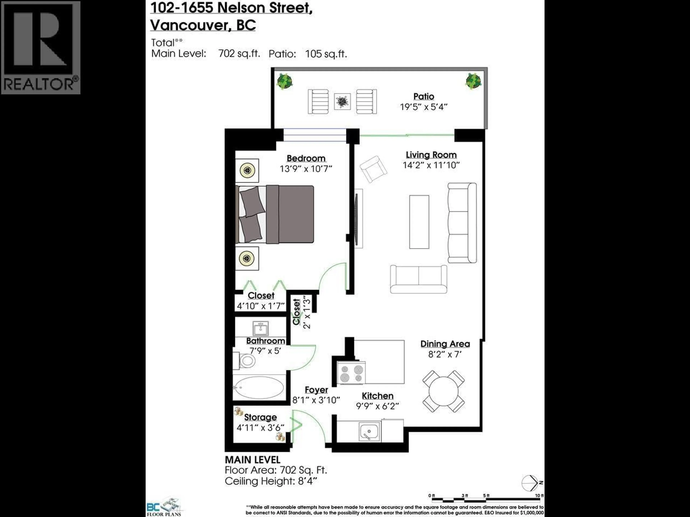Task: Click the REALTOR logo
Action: pos(41,47)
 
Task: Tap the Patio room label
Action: pos(424,97)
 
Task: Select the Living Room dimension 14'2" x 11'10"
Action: pos(431,165)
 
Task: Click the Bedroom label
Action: pos(306,158)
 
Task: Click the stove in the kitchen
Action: pos(351,373)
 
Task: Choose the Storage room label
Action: pos(261,417)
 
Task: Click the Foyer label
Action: pos(316,390)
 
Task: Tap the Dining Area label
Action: pos(445,344)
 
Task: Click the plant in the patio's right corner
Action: pos(473,81)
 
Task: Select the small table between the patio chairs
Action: pos(342,101)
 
